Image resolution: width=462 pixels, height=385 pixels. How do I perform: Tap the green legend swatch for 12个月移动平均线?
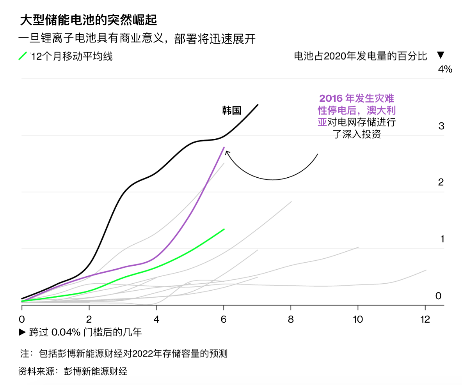coord(23,56)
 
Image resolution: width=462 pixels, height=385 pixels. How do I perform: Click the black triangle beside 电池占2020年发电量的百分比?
coord(441,56)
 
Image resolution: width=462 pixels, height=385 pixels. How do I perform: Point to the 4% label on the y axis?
coord(445,69)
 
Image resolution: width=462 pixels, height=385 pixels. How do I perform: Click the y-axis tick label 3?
coord(441,126)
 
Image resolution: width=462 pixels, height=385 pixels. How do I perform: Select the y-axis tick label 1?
coord(442,239)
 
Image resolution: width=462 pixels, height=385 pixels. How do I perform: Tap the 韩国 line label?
coord(231,110)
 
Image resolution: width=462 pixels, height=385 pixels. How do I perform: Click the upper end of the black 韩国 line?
coord(258,104)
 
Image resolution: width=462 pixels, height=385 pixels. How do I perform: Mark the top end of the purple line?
coord(224,147)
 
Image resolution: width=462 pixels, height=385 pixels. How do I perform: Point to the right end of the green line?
coord(224,229)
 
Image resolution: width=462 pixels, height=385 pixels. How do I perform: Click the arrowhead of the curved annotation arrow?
coord(227,152)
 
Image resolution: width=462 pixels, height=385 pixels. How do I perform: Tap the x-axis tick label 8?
coord(291,320)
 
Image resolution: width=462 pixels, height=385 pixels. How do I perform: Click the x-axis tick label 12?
coord(425,320)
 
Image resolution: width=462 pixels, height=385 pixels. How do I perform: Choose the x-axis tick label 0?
coord(22,320)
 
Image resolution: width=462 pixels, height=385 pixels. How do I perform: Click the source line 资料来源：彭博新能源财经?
coord(73,371)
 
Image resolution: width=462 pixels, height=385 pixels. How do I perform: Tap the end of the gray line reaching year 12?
coord(426,270)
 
